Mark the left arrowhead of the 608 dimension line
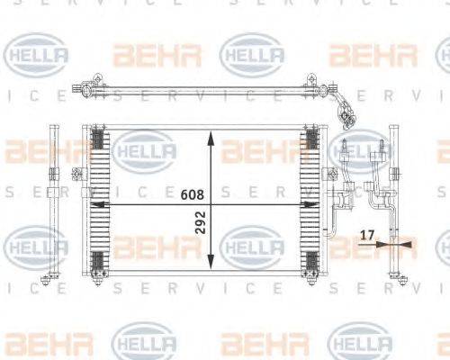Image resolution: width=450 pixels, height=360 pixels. tap(96, 204)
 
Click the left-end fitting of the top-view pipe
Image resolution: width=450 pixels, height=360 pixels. tap(87, 88)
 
